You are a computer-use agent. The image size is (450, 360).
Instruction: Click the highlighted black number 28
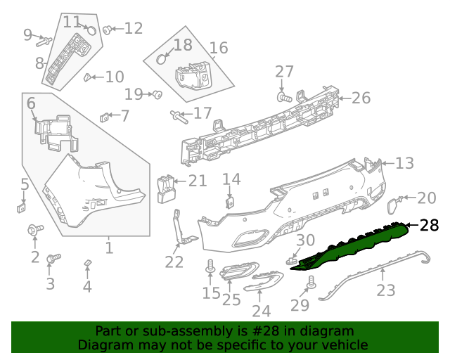point(429,226)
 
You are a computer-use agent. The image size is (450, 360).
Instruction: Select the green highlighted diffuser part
point(352,245)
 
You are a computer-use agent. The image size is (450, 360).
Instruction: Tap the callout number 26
point(361,98)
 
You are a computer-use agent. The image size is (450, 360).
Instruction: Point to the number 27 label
point(284,72)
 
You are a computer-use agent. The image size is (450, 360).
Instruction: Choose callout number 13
point(404,163)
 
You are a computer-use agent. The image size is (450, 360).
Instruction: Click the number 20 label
point(426,198)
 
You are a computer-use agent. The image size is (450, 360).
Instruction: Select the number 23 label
point(386,290)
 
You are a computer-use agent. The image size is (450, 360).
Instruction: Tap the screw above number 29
point(310,283)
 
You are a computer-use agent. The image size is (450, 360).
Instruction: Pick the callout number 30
point(305,241)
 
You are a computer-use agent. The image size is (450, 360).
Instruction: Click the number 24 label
point(261,311)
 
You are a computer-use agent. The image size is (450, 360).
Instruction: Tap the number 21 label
point(198,181)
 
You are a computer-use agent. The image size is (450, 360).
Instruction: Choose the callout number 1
point(109,247)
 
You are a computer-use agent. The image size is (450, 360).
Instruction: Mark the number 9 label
point(27,34)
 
